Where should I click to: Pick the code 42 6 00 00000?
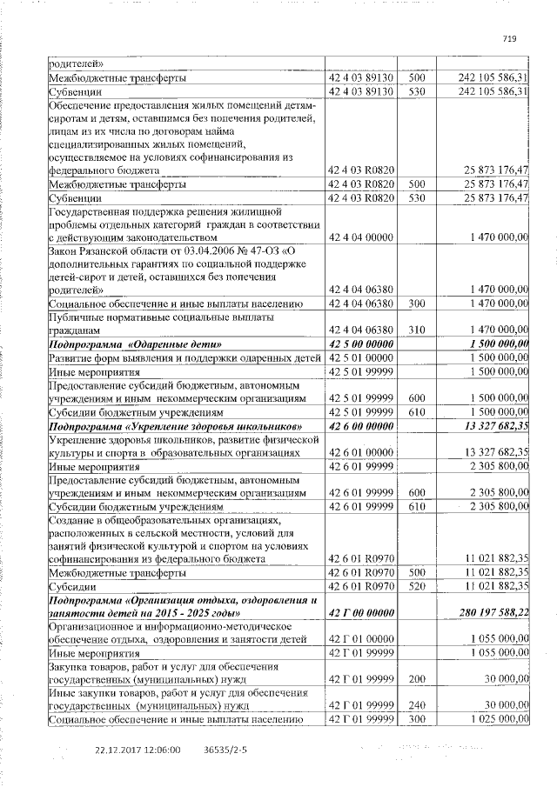(359, 425)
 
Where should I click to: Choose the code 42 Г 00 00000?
(359, 612)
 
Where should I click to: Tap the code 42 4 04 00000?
(359, 237)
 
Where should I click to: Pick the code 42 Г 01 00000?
(359, 639)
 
